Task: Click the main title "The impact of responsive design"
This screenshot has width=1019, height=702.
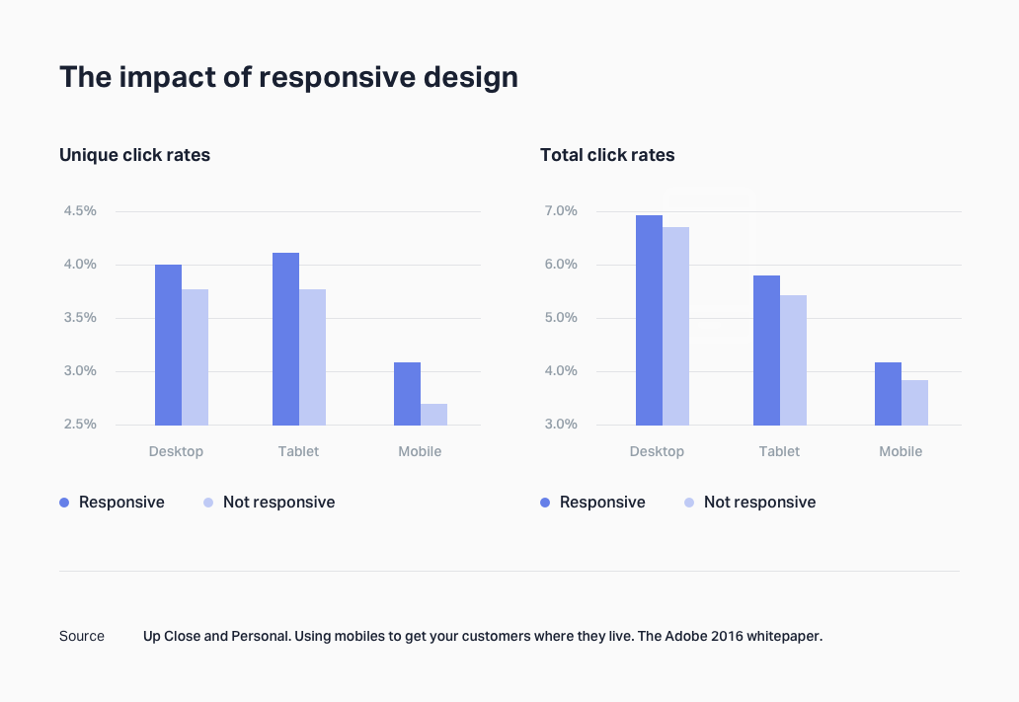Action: pos(288,77)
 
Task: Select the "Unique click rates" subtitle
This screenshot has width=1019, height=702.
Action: pos(134,155)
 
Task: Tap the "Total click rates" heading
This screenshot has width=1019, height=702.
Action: pos(607,155)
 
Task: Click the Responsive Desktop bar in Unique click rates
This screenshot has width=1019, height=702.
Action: pos(168,345)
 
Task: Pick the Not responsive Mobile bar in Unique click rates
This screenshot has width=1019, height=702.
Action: pos(433,415)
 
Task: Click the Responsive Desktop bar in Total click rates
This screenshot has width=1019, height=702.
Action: pos(649,320)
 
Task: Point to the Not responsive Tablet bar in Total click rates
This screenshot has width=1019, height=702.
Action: pos(793,360)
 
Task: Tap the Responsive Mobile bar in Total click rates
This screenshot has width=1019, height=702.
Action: pos(888,394)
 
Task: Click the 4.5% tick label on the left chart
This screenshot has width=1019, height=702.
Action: pos(80,211)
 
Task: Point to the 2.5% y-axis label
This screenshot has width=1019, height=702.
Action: pos(80,425)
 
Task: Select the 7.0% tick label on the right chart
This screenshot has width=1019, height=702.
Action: pos(560,211)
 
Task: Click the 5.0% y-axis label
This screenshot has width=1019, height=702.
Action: pos(560,318)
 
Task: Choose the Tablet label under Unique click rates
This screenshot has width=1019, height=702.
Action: pos(298,452)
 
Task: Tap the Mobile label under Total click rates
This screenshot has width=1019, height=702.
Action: pos(901,452)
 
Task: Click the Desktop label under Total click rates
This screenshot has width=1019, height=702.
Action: pos(657,452)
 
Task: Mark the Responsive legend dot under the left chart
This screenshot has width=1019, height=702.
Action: pos(64,503)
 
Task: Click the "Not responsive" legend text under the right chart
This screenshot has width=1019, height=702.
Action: pos(759,503)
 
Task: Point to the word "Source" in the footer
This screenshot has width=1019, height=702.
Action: pos(82,636)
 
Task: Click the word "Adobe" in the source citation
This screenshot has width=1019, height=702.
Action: pos(687,636)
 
